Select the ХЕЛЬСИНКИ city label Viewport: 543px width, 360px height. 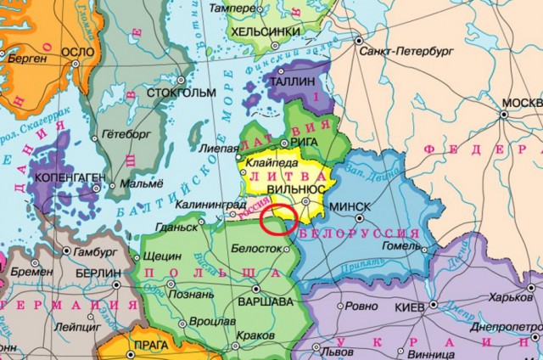coord(267,31)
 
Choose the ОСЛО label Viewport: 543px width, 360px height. coord(78,51)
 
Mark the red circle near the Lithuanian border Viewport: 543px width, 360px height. coord(277,219)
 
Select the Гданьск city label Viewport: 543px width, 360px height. coord(176,228)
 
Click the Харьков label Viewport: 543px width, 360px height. coord(512,298)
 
